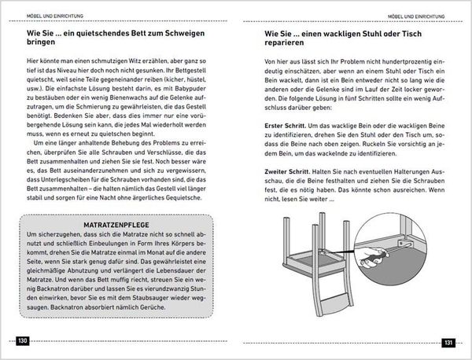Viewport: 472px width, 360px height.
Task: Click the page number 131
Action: [448, 343]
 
